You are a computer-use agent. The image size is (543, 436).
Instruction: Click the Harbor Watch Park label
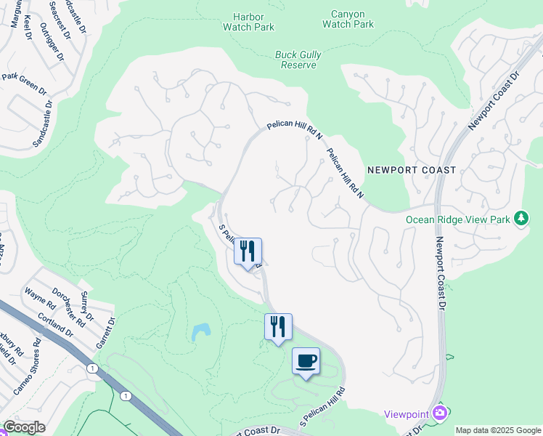pyautogui.click(x=254, y=21)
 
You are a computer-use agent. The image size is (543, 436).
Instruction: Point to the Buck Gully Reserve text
pyautogui.click(x=298, y=60)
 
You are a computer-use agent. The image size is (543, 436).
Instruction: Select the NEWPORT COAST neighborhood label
pyautogui.click(x=412, y=170)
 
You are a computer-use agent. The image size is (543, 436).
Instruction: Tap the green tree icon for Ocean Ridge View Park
pyautogui.click(x=520, y=218)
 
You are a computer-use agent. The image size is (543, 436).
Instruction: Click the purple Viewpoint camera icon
pyautogui.click(x=439, y=413)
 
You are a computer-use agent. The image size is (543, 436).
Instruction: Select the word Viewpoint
pyautogui.click(x=407, y=413)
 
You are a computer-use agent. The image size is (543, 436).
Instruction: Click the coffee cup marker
pyautogui.click(x=306, y=361)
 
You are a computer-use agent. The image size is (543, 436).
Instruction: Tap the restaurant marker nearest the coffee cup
pyautogui.click(x=278, y=327)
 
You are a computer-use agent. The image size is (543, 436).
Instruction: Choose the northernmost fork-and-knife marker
pyautogui.click(x=248, y=251)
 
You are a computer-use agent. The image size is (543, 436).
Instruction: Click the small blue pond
pyautogui.click(x=200, y=332)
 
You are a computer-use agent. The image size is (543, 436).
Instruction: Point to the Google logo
pyautogui.click(x=24, y=427)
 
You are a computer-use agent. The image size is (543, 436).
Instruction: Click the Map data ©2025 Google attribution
pyautogui.click(x=498, y=430)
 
